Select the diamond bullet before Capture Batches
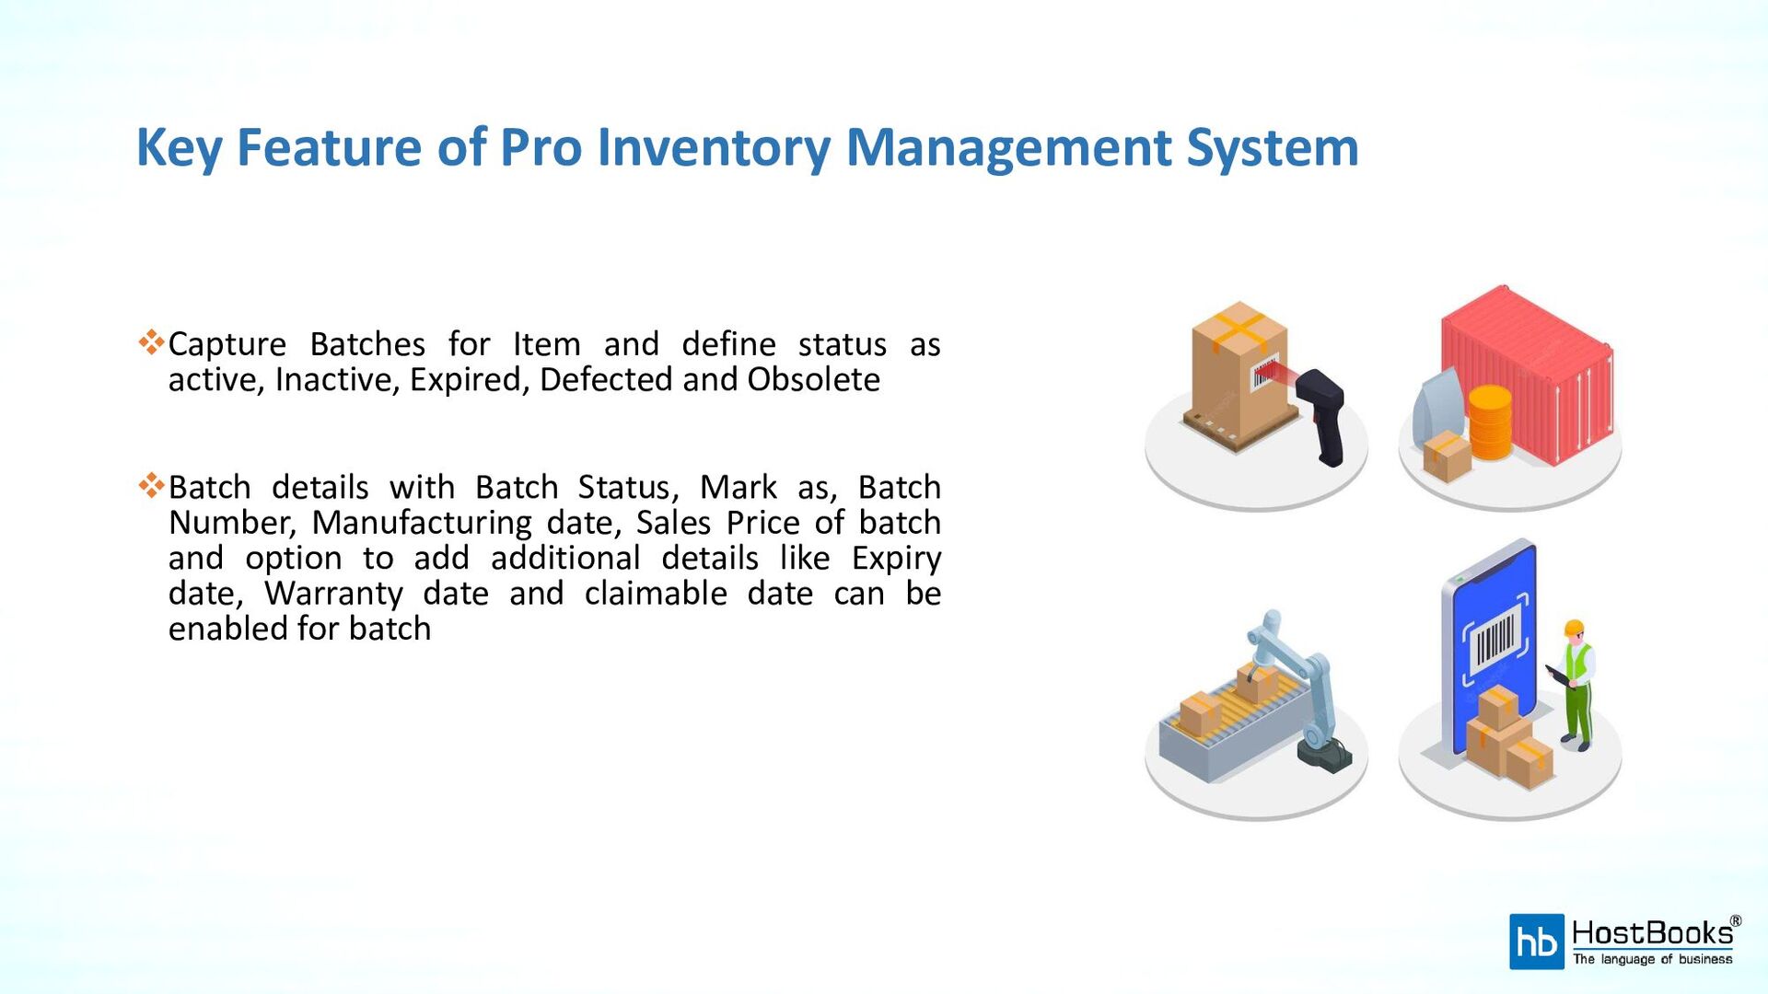[151, 342]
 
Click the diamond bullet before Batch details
[151, 485]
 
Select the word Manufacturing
[421, 522]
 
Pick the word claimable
[656, 594]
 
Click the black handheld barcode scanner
[1325, 414]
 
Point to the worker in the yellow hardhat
[1577, 681]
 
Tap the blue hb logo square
[1536, 942]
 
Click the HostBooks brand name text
[1652, 933]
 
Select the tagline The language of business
[1652, 959]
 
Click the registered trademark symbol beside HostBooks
[1735, 921]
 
